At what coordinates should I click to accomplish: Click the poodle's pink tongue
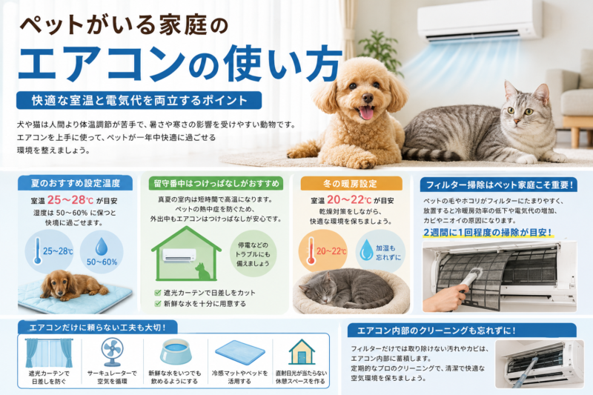click(366, 113)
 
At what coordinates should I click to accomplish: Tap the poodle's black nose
click(367, 99)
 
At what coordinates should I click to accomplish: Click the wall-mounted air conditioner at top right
click(480, 21)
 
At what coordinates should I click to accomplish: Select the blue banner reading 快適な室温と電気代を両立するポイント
click(139, 101)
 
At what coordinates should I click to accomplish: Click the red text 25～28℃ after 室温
click(70, 200)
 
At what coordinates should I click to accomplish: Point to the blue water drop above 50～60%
click(102, 248)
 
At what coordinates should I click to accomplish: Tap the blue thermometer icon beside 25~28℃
click(38, 250)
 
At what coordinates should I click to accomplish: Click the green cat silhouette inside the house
click(202, 270)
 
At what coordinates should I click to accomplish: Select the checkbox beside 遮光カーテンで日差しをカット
click(158, 293)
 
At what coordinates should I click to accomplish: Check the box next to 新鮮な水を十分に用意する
click(158, 304)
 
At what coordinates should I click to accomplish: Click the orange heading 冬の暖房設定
click(351, 184)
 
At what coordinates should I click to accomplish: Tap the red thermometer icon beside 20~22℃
click(311, 250)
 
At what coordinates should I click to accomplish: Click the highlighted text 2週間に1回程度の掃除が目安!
click(488, 233)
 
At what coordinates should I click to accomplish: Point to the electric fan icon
click(113, 352)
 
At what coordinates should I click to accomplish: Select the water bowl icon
click(176, 351)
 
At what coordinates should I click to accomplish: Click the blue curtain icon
click(49, 353)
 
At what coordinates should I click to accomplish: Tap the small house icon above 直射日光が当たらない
click(302, 351)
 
